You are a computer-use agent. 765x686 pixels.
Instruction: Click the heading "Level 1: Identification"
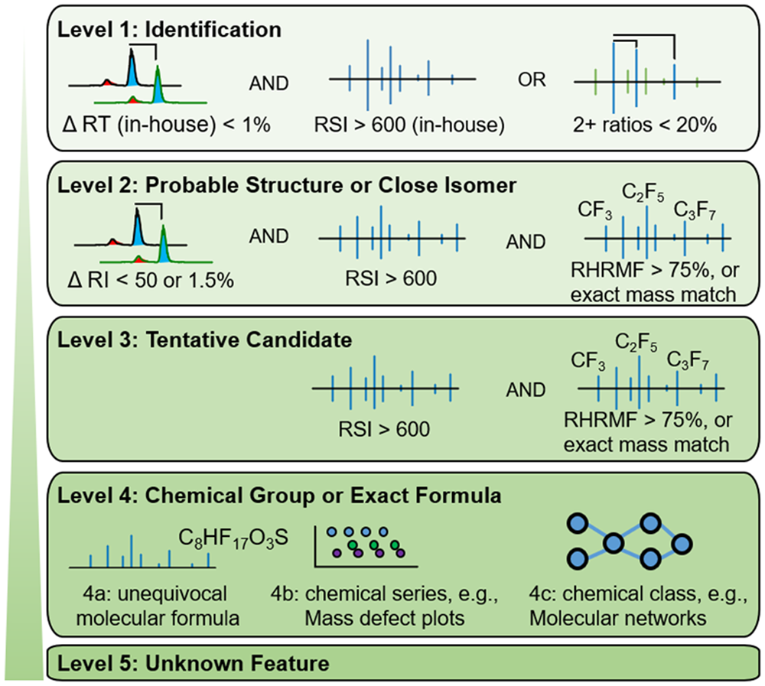[173, 31]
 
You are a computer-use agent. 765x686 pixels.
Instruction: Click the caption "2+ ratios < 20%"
[646, 125]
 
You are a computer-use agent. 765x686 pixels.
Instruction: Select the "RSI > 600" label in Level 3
[384, 429]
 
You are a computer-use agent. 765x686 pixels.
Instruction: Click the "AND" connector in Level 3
[527, 390]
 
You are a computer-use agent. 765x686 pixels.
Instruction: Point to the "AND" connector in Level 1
[269, 82]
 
